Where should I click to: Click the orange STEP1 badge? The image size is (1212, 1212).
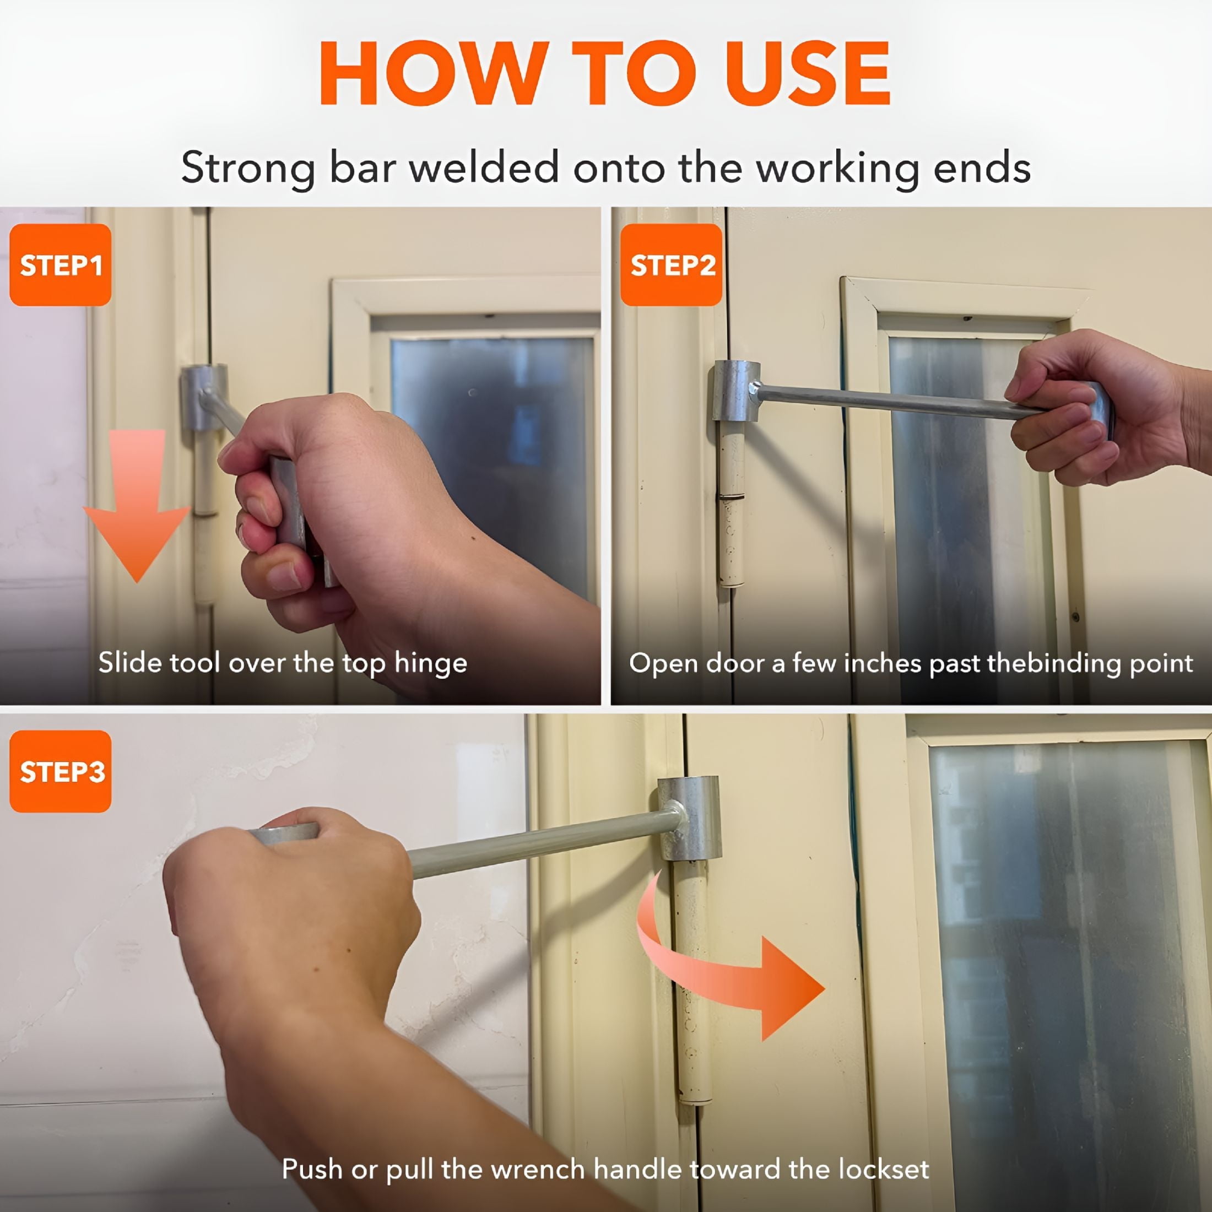60,265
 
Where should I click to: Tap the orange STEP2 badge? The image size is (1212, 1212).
671,265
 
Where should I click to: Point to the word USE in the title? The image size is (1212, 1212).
810,73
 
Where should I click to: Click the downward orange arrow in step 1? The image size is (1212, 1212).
137,505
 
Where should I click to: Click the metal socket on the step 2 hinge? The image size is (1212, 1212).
735,391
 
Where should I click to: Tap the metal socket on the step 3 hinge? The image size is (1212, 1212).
689,819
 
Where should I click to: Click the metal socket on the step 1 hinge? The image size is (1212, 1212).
204,397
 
